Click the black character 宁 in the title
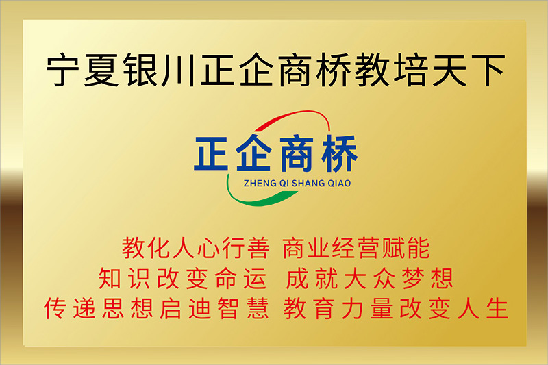(63, 69)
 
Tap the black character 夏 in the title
(101, 69)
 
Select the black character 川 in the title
(177, 70)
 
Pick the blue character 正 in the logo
(211, 153)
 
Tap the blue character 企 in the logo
(253, 153)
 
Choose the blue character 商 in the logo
(296, 153)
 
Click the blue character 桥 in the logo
(339, 153)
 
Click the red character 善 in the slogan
(258, 249)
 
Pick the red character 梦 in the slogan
(413, 279)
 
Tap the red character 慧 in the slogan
(258, 308)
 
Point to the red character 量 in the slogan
(382, 308)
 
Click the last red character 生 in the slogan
(497, 308)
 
